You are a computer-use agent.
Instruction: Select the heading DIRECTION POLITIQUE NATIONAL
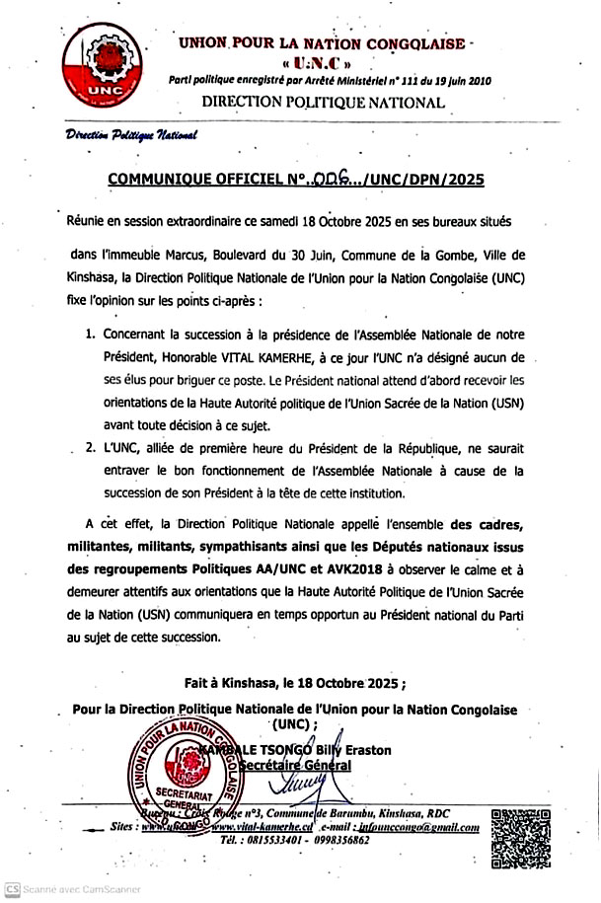[x=323, y=102]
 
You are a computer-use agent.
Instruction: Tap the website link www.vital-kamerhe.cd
[x=263, y=827]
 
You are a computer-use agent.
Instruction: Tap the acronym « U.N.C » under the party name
[x=321, y=64]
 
